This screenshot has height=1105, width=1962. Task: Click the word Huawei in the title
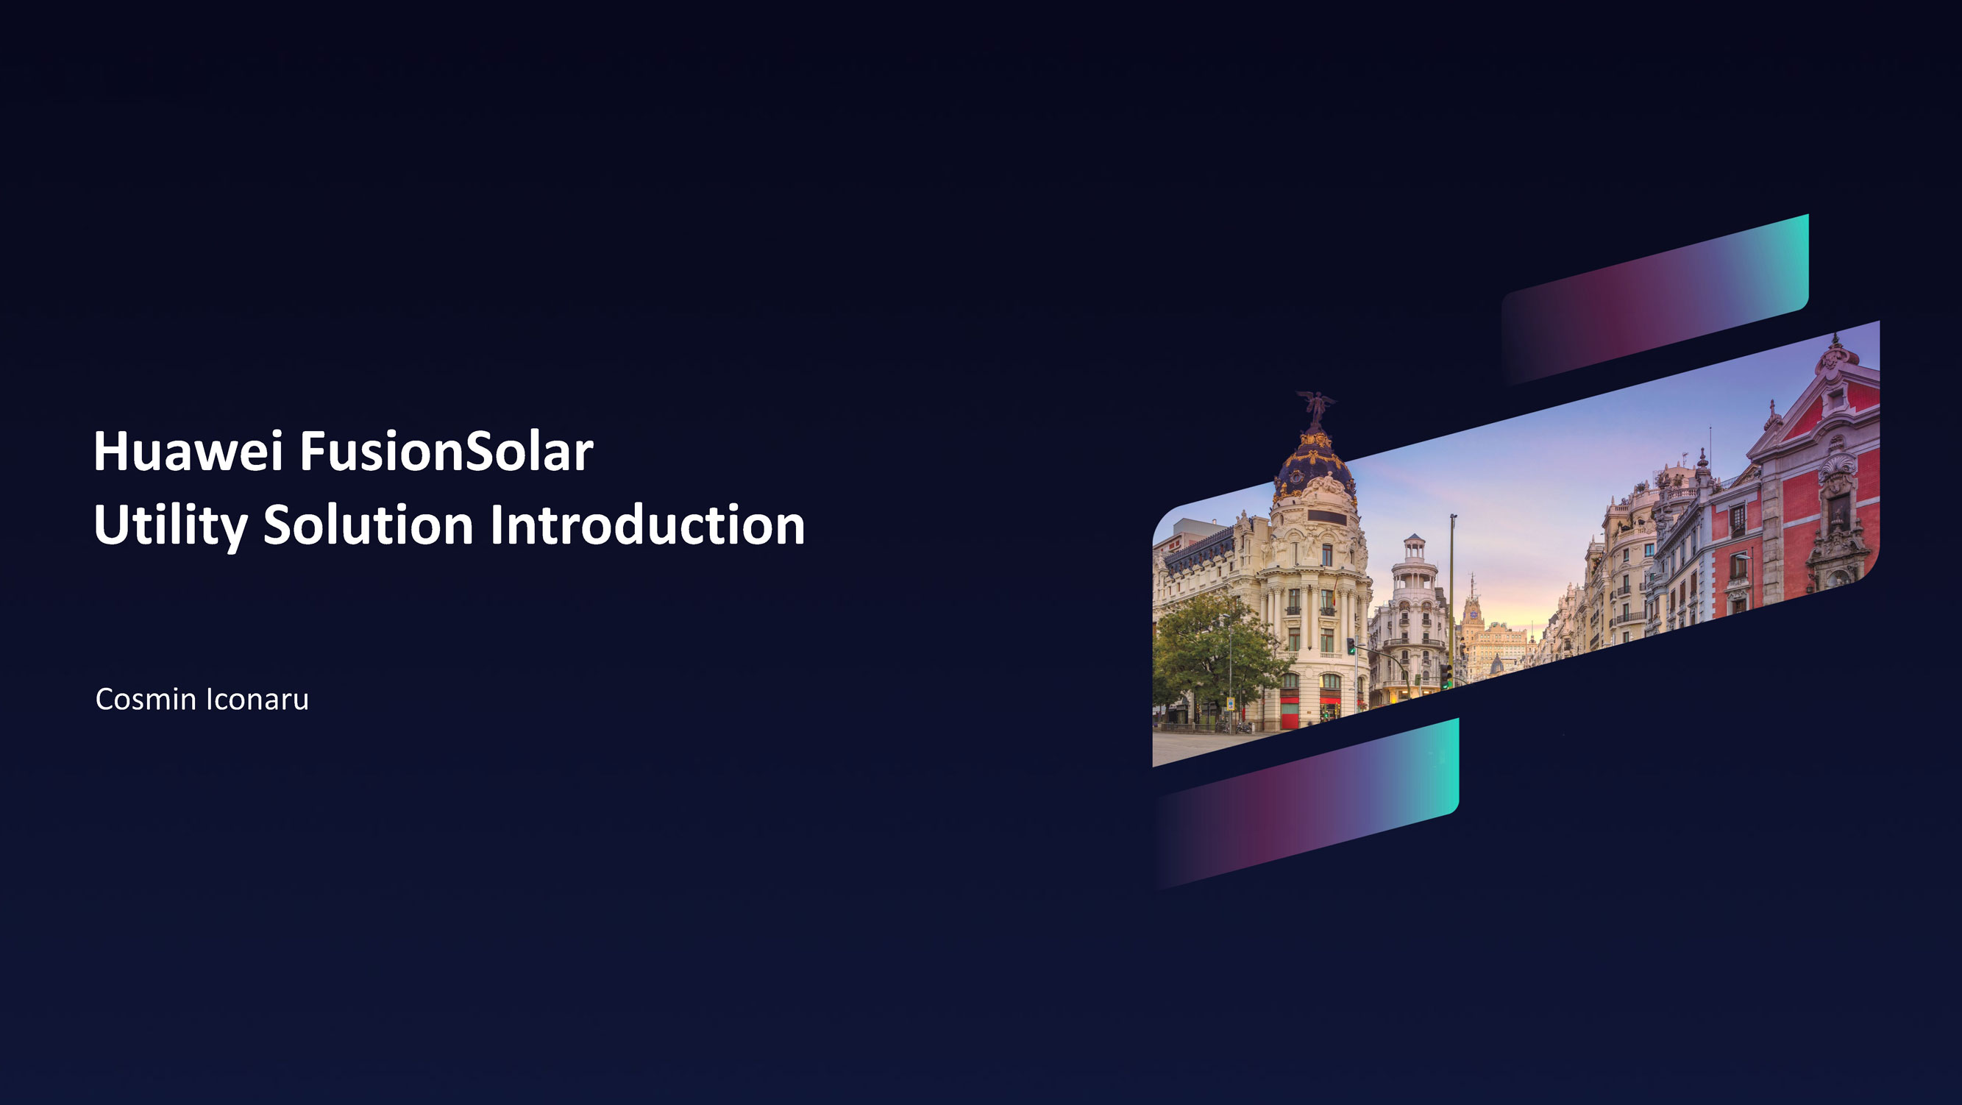point(188,452)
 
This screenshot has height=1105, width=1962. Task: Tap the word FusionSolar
point(446,452)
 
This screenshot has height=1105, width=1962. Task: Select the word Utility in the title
point(171,525)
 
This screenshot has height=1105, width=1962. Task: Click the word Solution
point(369,525)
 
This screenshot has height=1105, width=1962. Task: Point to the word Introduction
point(647,525)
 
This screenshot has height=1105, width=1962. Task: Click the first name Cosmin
point(146,699)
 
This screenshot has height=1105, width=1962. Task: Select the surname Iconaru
point(257,699)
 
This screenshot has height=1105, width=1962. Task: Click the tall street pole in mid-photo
point(1452,594)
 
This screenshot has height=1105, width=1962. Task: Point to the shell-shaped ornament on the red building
point(1838,464)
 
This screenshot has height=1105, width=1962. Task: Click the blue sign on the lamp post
point(1230,703)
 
